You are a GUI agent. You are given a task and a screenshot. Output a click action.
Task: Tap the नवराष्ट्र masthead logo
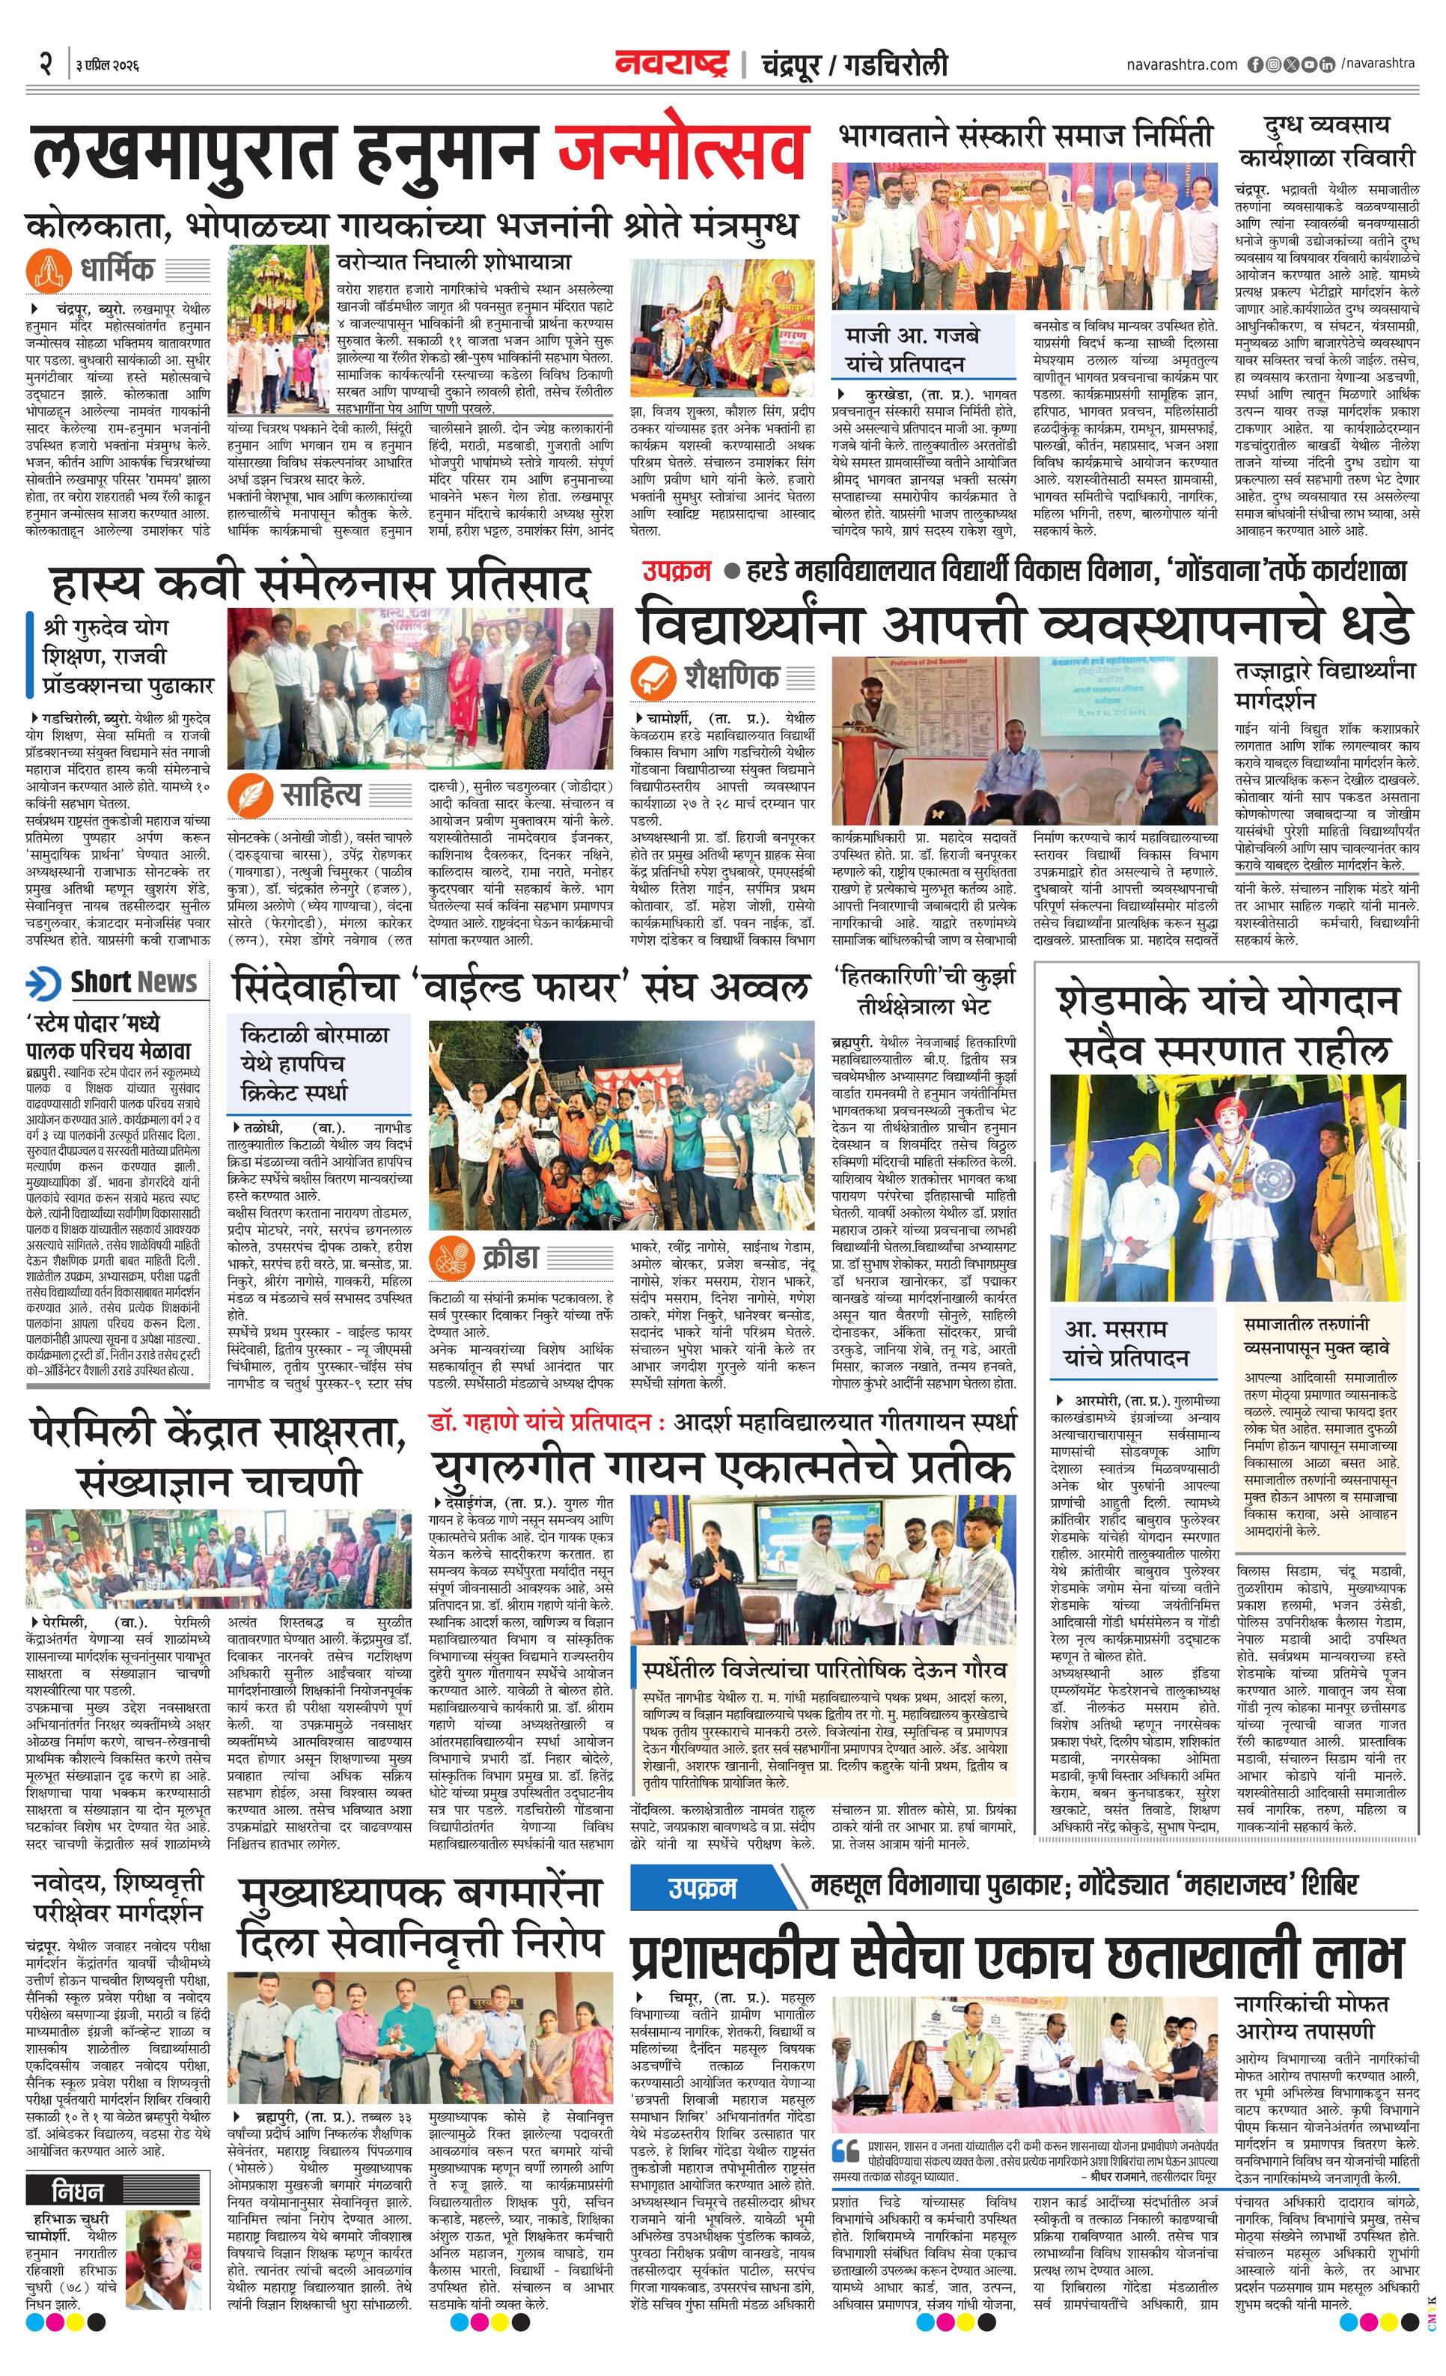pos(673,64)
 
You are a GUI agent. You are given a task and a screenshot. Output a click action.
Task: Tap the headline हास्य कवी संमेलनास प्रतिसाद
pos(319,583)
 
